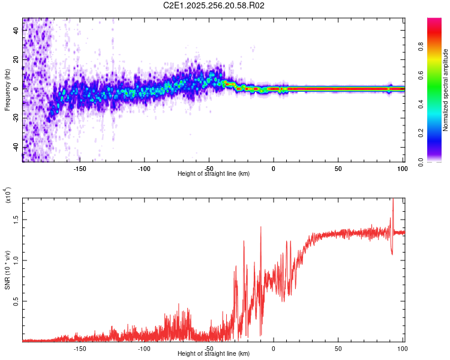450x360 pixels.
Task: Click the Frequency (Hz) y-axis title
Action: [x=8, y=89]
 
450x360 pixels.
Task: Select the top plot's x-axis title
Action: [x=214, y=173]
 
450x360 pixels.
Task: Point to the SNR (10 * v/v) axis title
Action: [x=8, y=269]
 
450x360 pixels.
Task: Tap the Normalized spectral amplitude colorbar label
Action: [x=446, y=90]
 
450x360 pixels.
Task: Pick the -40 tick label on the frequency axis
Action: [x=15, y=147]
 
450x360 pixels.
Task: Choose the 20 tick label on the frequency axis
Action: [x=15, y=59]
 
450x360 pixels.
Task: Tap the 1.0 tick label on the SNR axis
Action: [x=15, y=260]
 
